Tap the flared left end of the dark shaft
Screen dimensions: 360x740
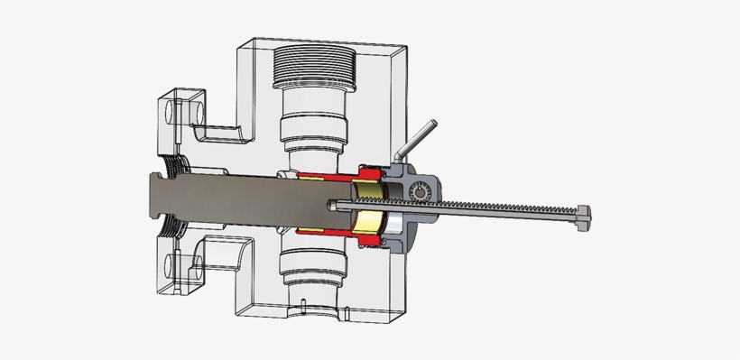pyautogui.click(x=155, y=199)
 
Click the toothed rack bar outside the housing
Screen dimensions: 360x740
pyautogui.click(x=505, y=211)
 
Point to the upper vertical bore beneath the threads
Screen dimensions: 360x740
pyautogui.click(x=314, y=126)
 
